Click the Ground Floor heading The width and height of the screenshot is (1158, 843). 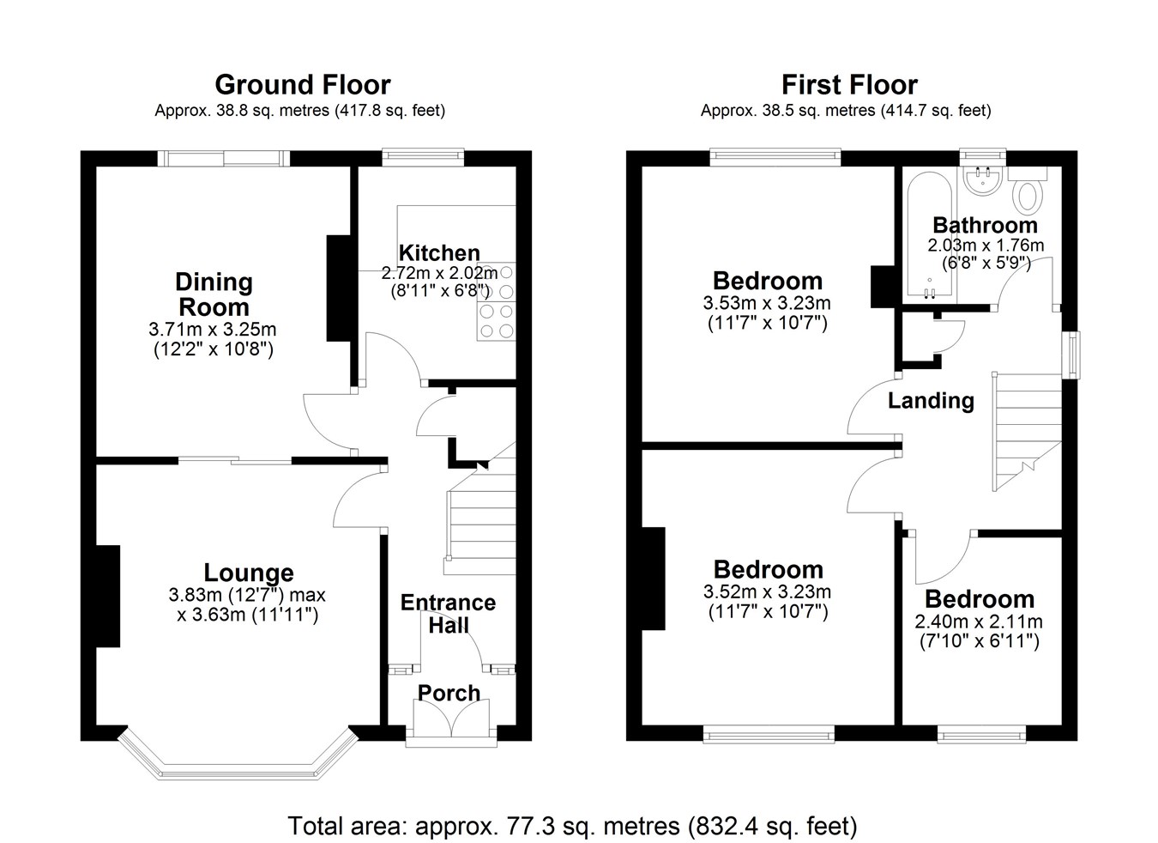[x=303, y=85]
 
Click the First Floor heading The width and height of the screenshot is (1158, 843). [x=849, y=85]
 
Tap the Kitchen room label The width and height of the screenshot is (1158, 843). [x=439, y=253]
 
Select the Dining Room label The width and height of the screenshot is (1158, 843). [x=214, y=294]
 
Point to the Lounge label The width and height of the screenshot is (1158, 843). [x=249, y=573]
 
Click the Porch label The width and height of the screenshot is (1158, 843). [x=449, y=693]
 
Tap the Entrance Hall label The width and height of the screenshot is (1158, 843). [x=449, y=614]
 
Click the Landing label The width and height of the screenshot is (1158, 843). [x=931, y=401]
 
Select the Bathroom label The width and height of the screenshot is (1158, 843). [x=986, y=225]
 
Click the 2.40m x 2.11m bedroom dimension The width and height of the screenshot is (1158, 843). [x=979, y=622]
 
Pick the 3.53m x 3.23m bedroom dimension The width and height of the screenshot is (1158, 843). [x=767, y=303]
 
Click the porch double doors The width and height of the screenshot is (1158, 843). [x=451, y=719]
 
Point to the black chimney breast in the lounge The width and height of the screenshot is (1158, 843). [x=108, y=596]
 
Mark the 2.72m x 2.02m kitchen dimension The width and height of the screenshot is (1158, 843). [x=439, y=273]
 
